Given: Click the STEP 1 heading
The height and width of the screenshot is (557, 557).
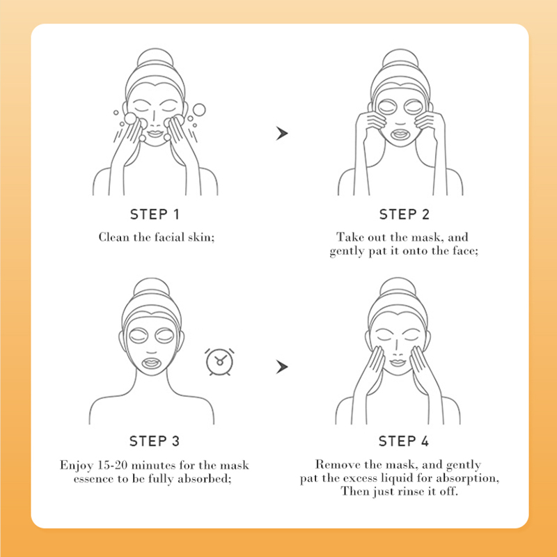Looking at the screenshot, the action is coord(155,214).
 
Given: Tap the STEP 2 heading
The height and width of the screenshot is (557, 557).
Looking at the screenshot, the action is coord(405,214).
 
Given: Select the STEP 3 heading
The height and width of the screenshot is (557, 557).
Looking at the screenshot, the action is coord(155,441).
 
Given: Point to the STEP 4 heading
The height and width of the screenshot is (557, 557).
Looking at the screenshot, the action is coord(404,441).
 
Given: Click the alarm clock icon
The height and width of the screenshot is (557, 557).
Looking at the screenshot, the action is coord(219,361).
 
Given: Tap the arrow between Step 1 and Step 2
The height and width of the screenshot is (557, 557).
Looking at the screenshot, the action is coord(282,134).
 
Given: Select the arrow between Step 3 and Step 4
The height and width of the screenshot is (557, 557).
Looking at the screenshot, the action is coord(282,367).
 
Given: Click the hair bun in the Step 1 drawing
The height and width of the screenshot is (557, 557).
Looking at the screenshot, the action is coord(155,57).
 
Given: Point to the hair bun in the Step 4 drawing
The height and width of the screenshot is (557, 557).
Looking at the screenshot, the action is coord(398,286).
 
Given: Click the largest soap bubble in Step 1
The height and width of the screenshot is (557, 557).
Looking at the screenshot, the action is coord(199,110).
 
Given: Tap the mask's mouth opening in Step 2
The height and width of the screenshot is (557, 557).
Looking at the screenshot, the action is coord(400,135).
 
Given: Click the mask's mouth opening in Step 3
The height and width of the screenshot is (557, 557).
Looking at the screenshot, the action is coord(151,363).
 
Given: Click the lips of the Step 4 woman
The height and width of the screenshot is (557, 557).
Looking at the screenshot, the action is coord(398,363).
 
